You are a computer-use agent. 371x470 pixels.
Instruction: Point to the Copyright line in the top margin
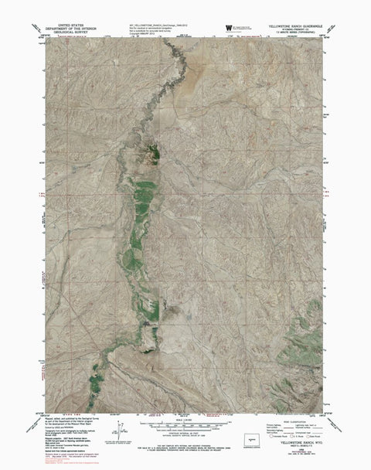[140, 33]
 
